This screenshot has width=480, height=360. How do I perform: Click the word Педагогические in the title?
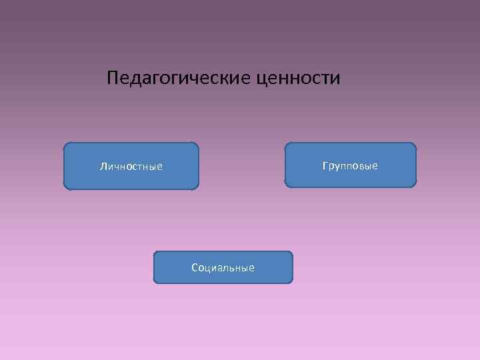pos(177,79)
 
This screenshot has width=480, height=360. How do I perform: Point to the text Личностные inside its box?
pos(131,166)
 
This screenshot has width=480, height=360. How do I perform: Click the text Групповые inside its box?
pos(350,165)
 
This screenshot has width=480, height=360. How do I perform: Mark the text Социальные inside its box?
pos(223,268)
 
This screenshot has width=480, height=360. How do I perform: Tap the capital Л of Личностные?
pos(103,166)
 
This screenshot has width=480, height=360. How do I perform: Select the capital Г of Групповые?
pos(325,165)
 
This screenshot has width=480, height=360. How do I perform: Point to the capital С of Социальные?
pos(195,268)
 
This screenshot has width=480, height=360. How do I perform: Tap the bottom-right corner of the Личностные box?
pos(197,189)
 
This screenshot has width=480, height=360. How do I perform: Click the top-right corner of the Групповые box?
pos(415,144)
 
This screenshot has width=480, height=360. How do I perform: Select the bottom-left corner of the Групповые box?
pos(286,185)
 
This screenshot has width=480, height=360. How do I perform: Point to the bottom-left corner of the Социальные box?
pos(155,283)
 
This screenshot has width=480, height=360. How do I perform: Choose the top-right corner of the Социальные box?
pos(291,253)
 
